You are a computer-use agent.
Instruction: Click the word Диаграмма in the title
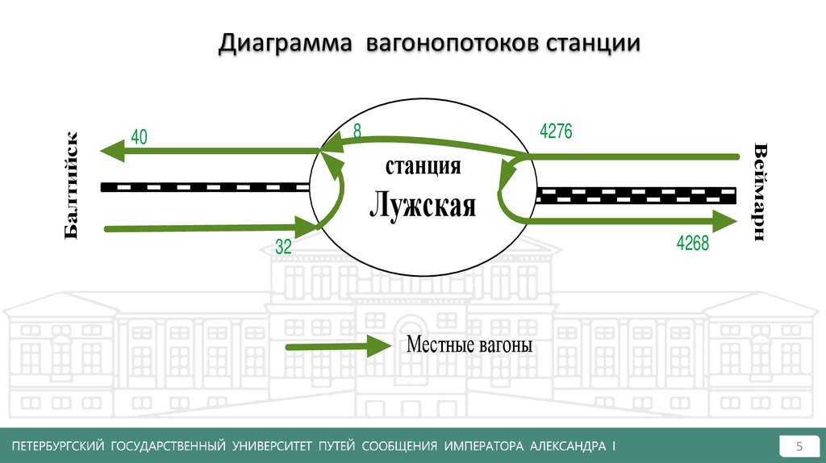284,44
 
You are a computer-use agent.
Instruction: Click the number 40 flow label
139,137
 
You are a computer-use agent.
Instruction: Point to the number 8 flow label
357,130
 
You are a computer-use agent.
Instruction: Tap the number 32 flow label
283,247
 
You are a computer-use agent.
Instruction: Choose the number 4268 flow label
692,243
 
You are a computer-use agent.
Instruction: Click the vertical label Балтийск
73,186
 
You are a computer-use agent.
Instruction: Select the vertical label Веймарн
760,191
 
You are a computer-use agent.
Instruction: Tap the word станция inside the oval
423,167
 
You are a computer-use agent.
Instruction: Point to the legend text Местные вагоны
469,346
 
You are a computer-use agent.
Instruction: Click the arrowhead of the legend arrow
378,347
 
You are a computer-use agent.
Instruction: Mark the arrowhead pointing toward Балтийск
110,151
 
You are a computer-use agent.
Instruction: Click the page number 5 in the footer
799,446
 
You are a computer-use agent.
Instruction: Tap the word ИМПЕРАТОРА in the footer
482,446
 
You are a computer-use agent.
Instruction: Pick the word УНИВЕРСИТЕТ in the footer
270,446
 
